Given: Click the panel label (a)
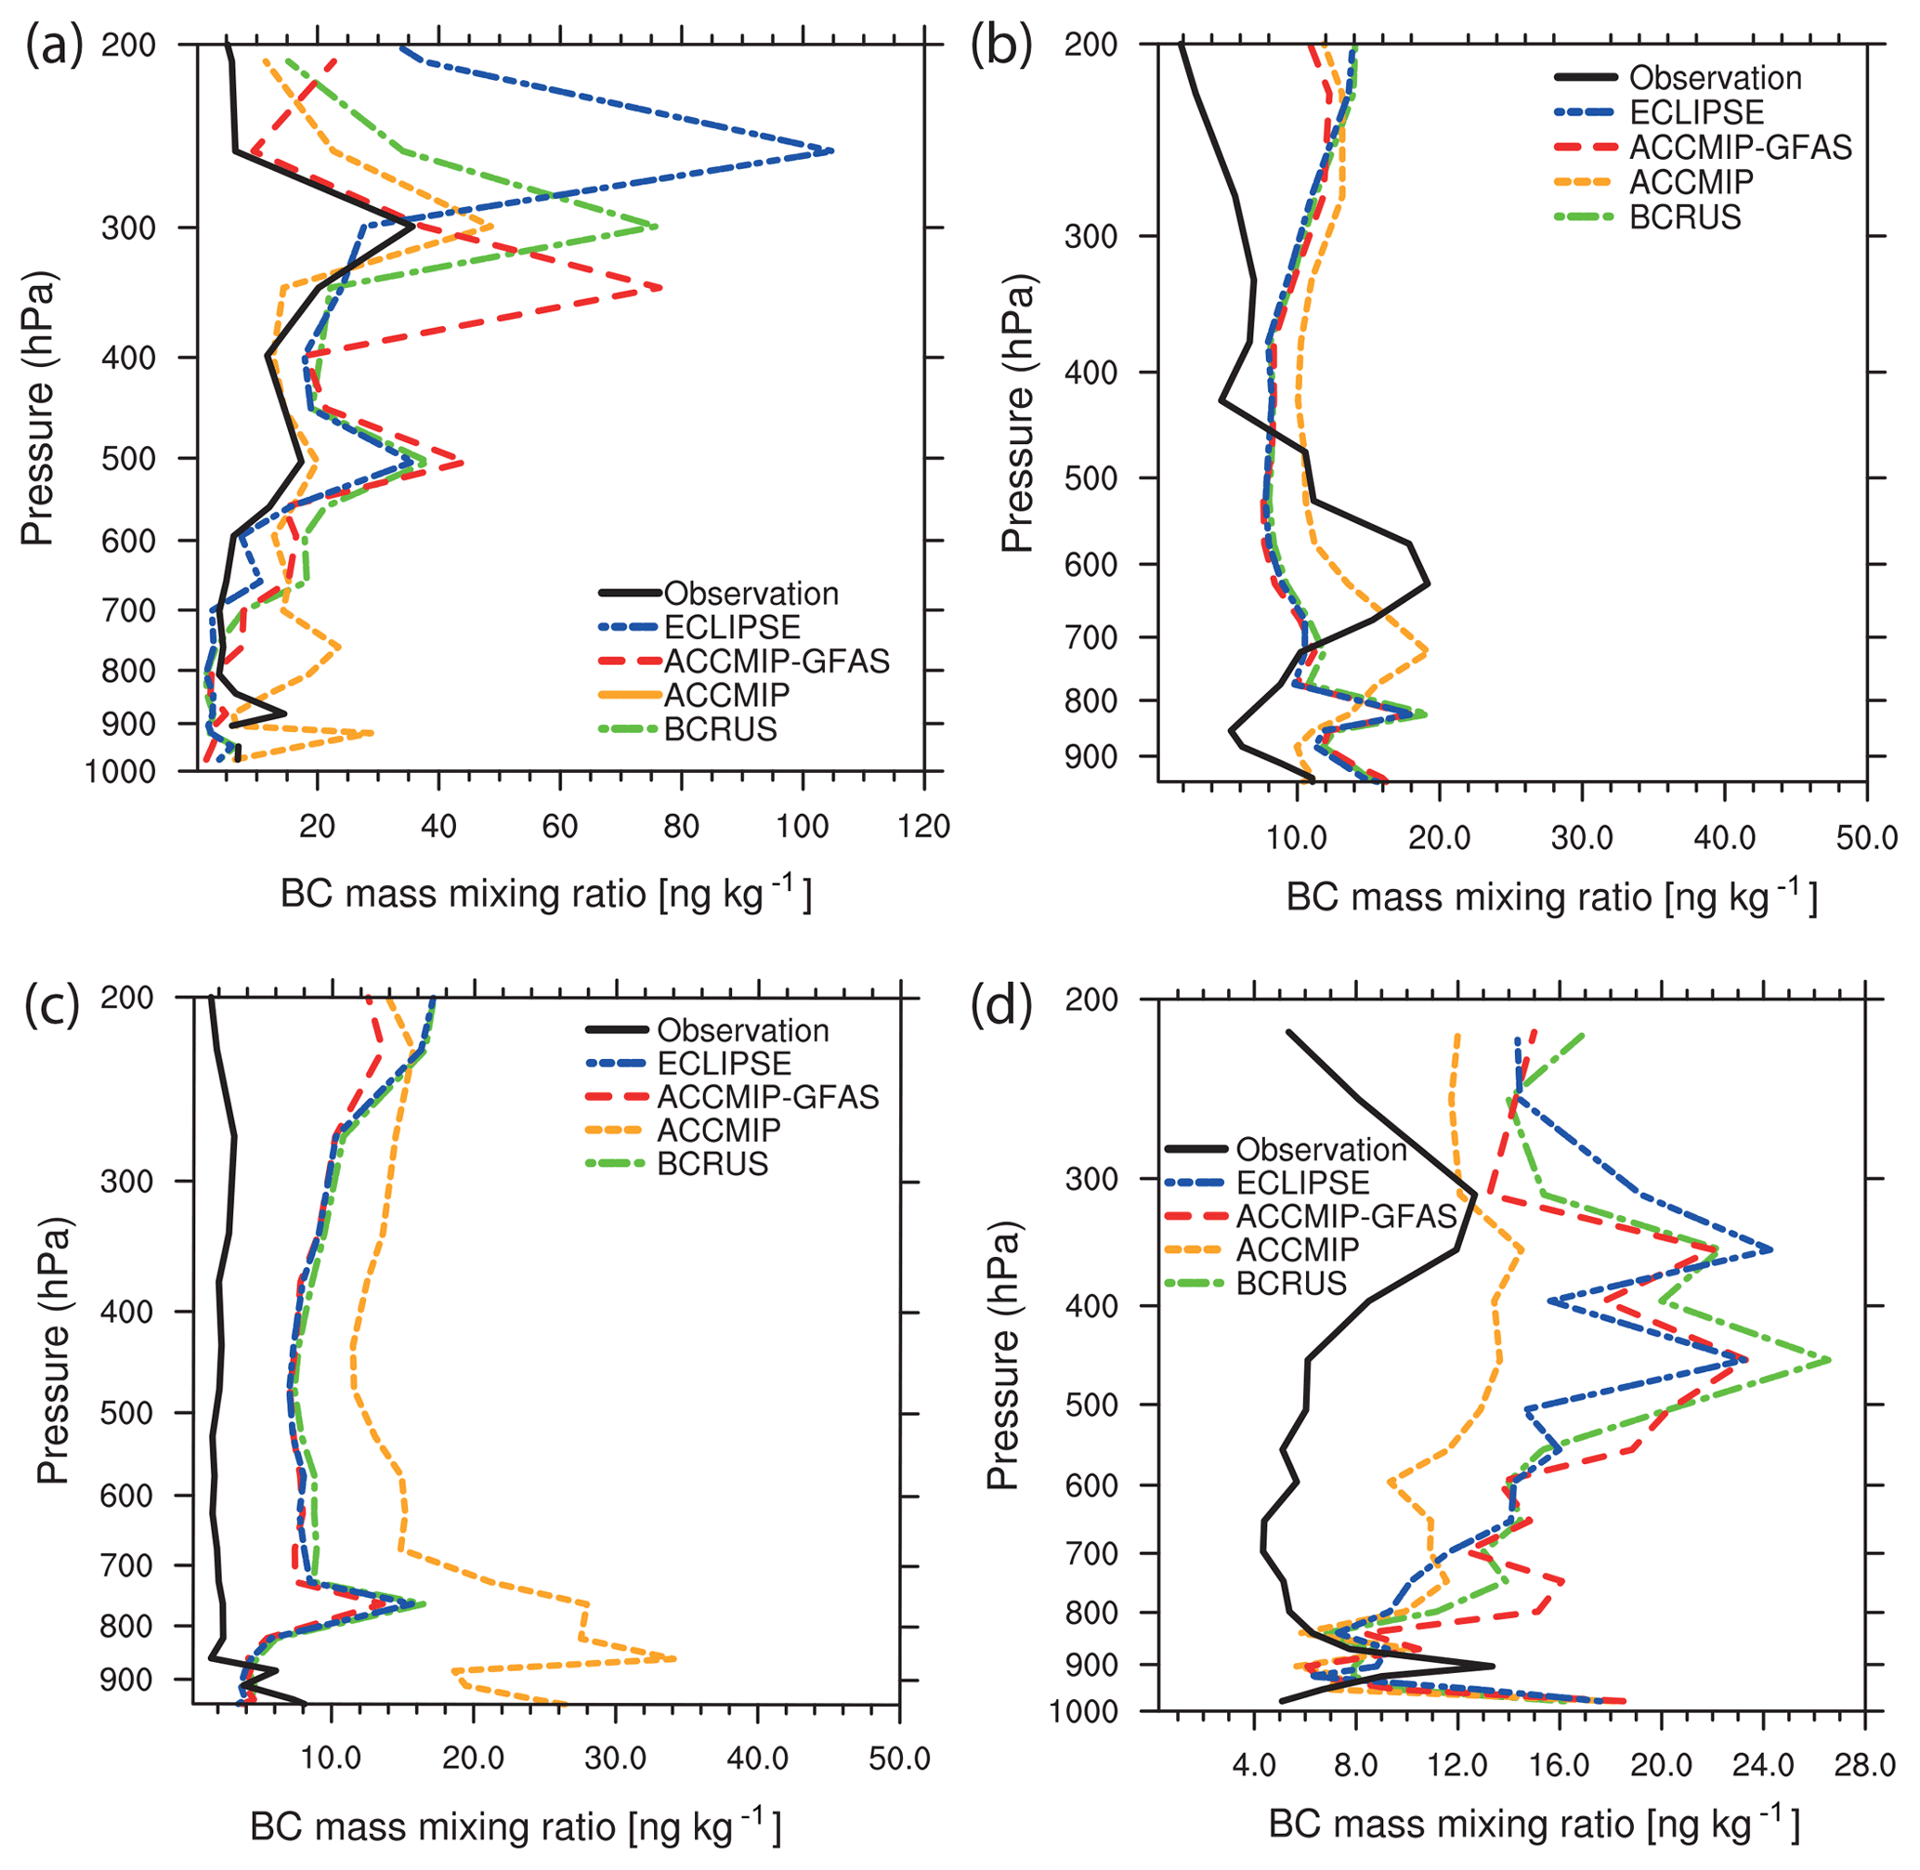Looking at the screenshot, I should [54, 46].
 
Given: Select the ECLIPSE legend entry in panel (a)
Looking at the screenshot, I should [732, 627].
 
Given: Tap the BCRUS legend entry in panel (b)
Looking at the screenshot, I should [1684, 217].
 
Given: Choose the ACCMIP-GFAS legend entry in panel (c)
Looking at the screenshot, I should [767, 1096].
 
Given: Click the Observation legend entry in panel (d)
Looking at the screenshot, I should [1320, 1148].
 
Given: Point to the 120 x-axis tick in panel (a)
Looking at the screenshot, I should [923, 827].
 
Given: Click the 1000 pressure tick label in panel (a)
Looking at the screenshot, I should [120, 772].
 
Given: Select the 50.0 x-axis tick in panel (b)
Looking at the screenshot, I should [1865, 838].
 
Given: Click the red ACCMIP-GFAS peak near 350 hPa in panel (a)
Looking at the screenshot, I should [660, 288].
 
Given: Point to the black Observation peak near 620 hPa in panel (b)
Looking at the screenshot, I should [1428, 583].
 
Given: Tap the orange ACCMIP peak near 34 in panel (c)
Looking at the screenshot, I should [674, 1659].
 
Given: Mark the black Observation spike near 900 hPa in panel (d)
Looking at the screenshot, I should [1493, 1666].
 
